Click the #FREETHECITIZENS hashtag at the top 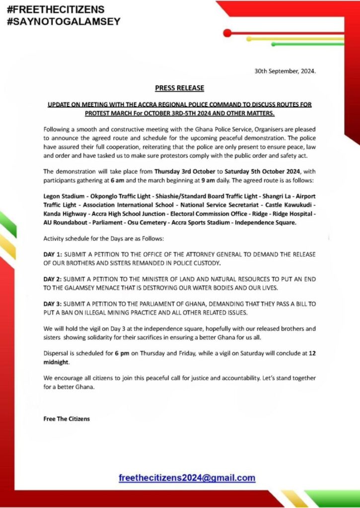point(56,10)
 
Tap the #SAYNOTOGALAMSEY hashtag point(63,22)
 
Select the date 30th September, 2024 point(285,71)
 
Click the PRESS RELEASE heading point(179,88)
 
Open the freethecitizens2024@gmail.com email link point(187,478)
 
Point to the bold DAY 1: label point(52,254)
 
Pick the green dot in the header point(274,44)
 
